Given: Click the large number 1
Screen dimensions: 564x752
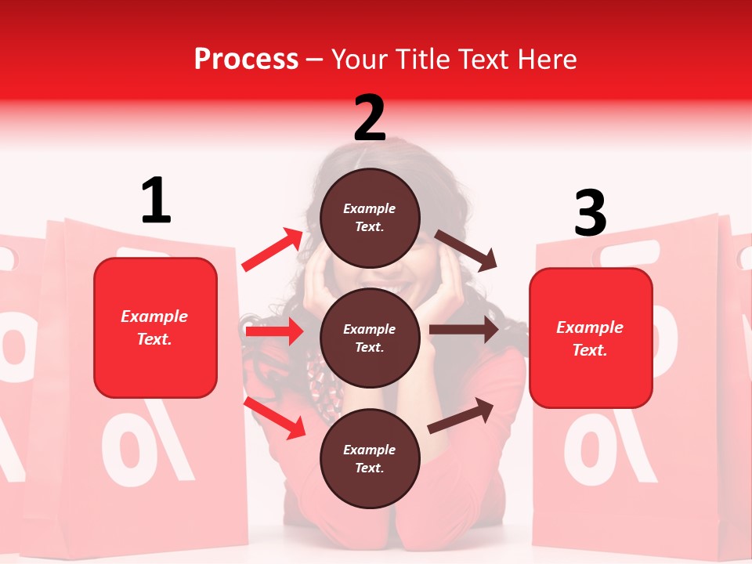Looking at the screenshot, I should pos(156,201).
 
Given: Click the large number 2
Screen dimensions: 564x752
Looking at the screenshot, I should pos(370,118).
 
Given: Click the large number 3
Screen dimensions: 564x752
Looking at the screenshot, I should pos(590,213).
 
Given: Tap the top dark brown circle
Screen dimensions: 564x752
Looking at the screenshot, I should pos(370,218).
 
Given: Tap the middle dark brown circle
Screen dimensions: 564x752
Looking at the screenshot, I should pos(370,338).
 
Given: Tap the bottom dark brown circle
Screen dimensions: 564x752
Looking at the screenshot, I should pos(370,458).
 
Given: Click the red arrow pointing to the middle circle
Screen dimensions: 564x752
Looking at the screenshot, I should pos(274,332).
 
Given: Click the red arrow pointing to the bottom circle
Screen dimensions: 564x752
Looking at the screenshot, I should pos(275,418).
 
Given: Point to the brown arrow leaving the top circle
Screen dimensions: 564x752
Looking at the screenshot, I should pos(466,251).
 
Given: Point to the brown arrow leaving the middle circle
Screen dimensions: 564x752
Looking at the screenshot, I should pos(464,330).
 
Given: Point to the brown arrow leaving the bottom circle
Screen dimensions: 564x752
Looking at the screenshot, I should pos(461,414).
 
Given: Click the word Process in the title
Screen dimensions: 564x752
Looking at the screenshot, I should pos(246,59).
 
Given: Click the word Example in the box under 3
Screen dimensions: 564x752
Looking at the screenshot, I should pos(590,327).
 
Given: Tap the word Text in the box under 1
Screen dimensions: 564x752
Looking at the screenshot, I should pos(154,339).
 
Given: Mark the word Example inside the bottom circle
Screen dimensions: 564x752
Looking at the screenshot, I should pos(370,450).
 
